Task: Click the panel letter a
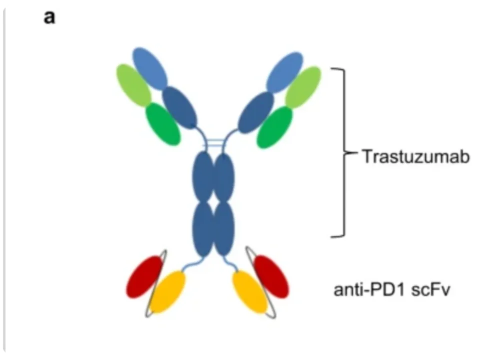coord(49,17)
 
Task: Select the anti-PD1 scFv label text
coord(392,289)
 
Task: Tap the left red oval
coord(144,276)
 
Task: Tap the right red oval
coord(270,276)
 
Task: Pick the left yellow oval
coord(168,291)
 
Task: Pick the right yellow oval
coord(249,291)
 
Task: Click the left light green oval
coord(133,85)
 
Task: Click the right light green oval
coord(303,86)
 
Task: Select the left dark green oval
coord(163,124)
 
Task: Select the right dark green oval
coord(274,127)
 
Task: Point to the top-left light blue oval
coord(150,68)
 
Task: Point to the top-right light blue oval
coord(284,71)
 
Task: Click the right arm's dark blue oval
coord(256,111)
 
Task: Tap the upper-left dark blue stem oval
coord(203,177)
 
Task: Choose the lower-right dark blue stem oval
coord(223,228)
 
